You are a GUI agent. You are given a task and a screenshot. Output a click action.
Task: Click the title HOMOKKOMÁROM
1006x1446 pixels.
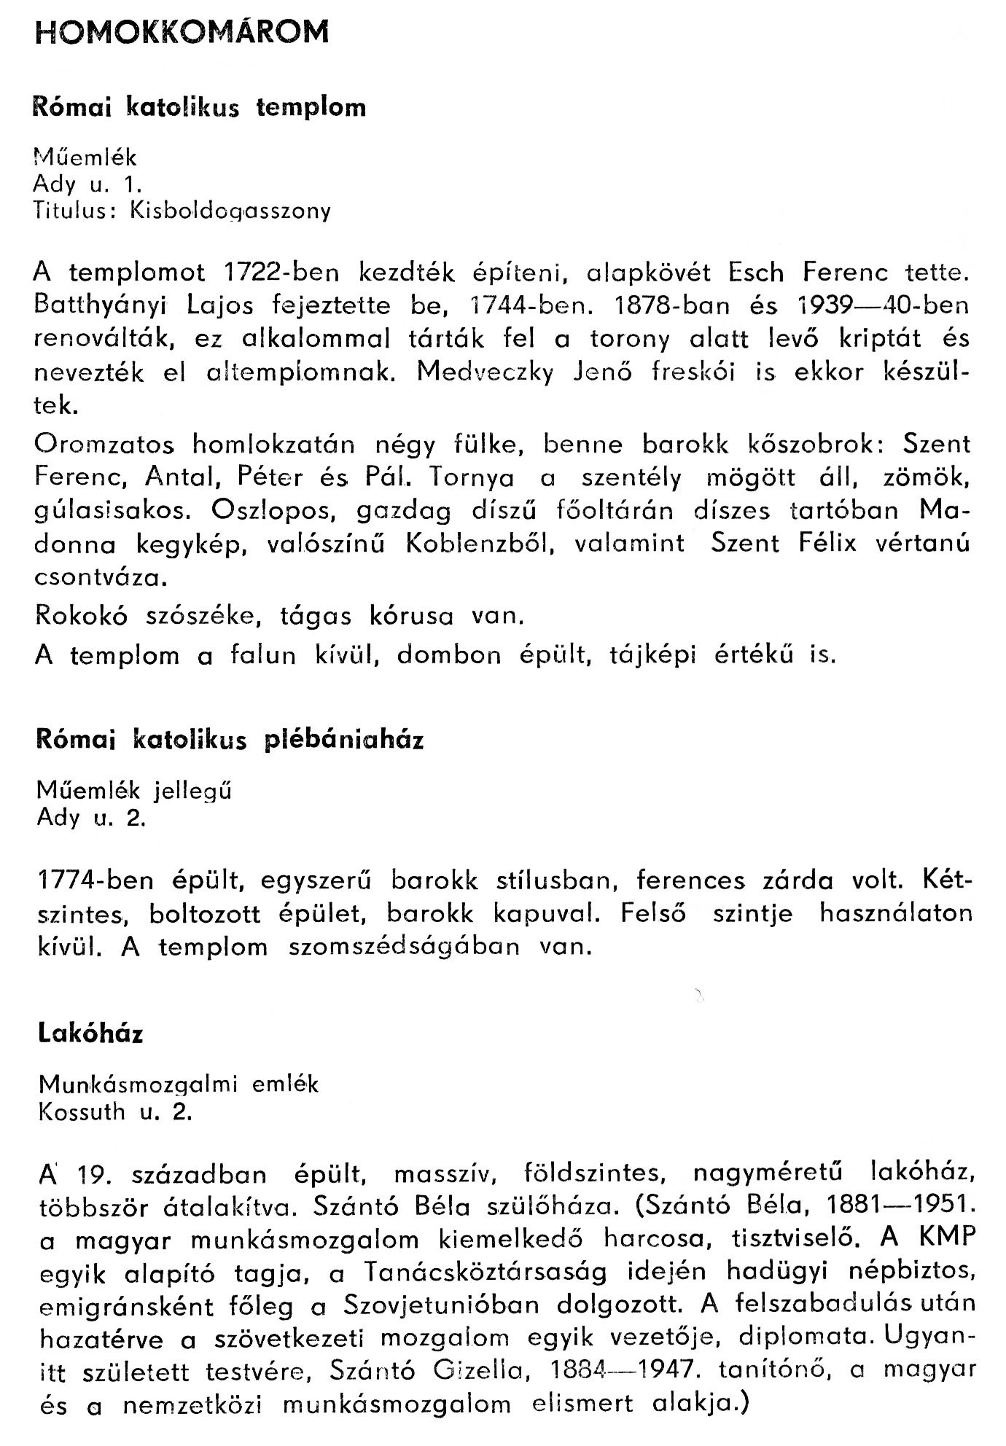[x=182, y=33]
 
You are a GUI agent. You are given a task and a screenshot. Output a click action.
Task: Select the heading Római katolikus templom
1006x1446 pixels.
[x=200, y=108]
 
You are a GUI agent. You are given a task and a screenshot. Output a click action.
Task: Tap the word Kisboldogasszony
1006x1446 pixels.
[x=230, y=211]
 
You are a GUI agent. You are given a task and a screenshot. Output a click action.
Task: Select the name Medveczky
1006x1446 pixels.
[x=486, y=372]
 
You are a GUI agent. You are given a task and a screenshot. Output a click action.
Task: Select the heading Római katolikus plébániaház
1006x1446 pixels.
[x=230, y=740]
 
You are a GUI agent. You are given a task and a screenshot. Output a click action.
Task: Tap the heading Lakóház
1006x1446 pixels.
[x=90, y=1034]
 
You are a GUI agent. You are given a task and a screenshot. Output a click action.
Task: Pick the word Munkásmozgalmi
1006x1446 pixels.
[x=139, y=1084]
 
